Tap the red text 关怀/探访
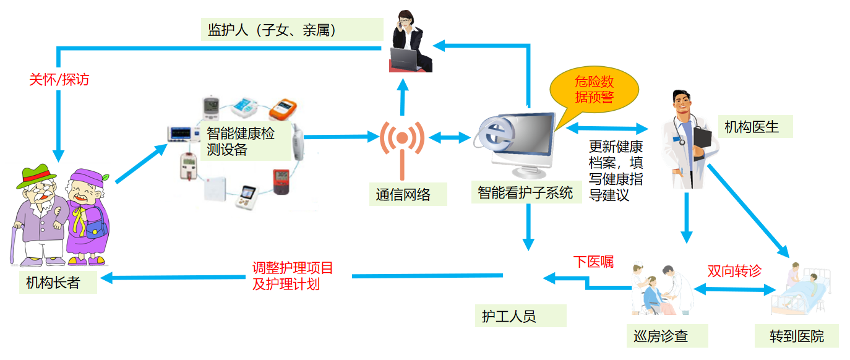coord(59,80)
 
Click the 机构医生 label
coord(754,127)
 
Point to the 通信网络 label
coord(403,194)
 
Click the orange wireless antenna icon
coord(402,145)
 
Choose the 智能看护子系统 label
coord(525,192)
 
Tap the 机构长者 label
coord(53,282)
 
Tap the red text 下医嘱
coord(593,262)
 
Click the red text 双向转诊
coord(734,271)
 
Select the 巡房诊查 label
coord(661,336)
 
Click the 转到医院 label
coord(797,336)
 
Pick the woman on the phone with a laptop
coord(410,43)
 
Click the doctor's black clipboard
coord(702,143)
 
